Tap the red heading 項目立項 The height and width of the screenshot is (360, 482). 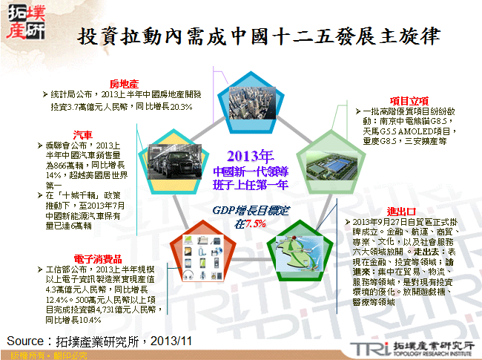coord(409,101)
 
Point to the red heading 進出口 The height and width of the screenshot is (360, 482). coord(400,210)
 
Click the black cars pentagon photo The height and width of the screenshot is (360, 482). coord(172,159)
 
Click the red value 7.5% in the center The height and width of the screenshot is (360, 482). coord(255,223)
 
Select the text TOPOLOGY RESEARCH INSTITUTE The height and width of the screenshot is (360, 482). coord(435,353)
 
